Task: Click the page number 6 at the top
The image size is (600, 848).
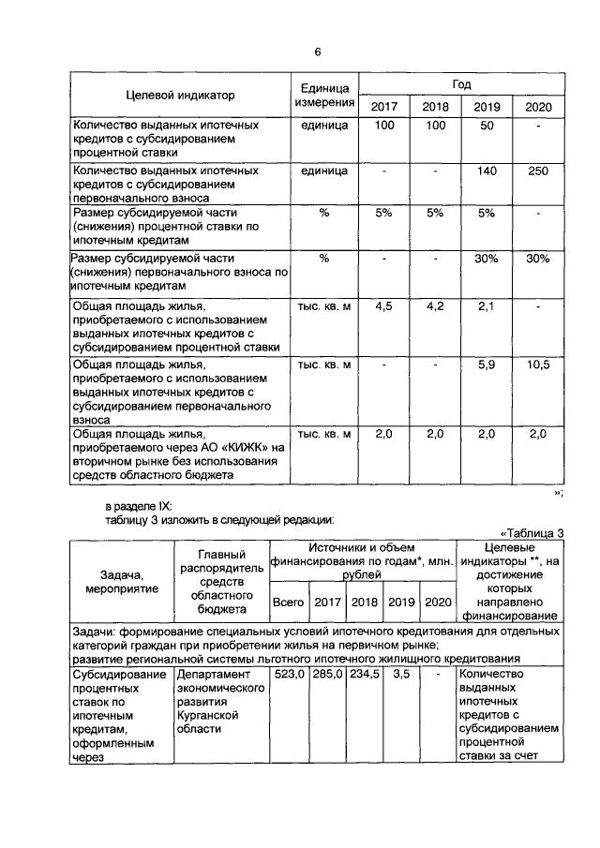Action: tap(317, 51)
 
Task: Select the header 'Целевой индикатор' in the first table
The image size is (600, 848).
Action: tap(180, 95)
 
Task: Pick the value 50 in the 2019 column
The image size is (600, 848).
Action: tap(487, 126)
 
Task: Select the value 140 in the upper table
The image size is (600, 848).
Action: tap(487, 171)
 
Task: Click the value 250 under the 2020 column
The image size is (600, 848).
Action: tap(537, 171)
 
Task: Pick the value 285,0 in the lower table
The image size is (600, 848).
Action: tap(326, 674)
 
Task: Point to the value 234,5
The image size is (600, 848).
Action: tap(365, 674)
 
